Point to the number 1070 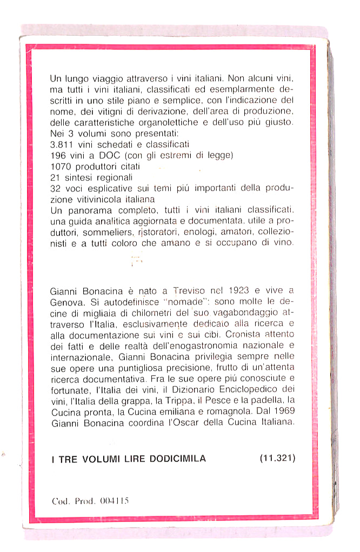coord(59,167)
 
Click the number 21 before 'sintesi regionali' coord(54,177)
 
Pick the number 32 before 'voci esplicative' coord(55,188)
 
